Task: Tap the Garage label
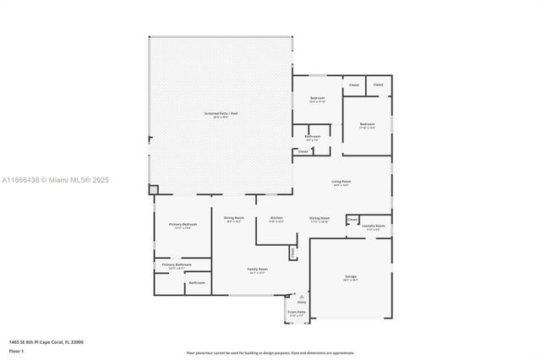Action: (350, 276)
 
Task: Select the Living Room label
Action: (341, 182)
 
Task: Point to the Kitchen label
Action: (276, 218)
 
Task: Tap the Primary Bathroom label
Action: (172, 264)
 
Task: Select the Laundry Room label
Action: (373, 226)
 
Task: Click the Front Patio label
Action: (296, 312)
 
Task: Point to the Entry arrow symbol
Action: (300, 297)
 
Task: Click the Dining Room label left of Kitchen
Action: (234, 218)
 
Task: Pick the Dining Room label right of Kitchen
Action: (319, 218)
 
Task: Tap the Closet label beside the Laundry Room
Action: (352, 219)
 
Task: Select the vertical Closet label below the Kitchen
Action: (292, 252)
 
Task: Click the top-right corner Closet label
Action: (378, 85)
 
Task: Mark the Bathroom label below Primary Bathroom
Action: (196, 282)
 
